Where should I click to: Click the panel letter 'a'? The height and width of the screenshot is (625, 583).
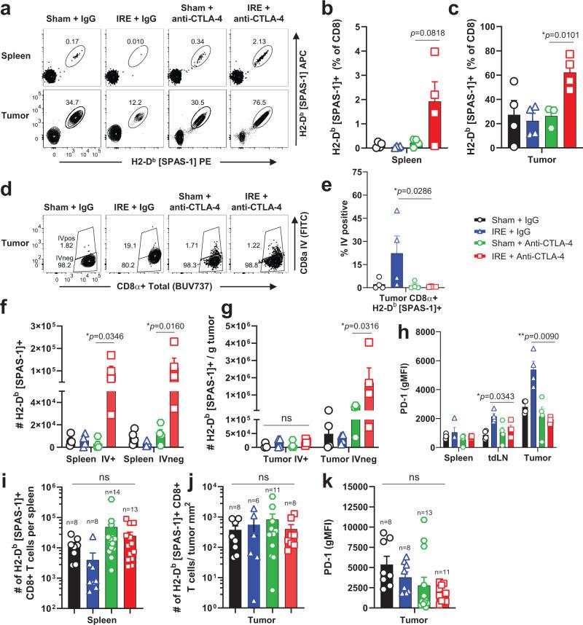coord(6,7)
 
